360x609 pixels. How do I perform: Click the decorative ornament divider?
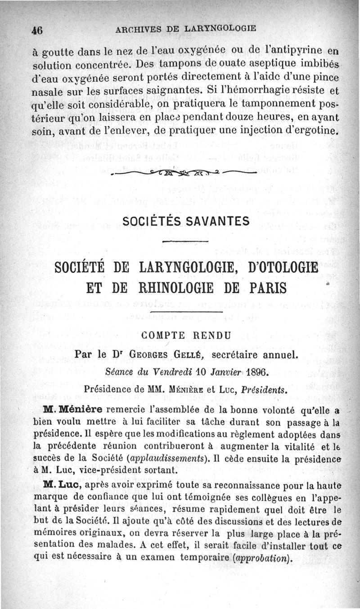(x=180, y=172)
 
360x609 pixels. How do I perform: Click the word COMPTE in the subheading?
(x=163, y=335)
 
